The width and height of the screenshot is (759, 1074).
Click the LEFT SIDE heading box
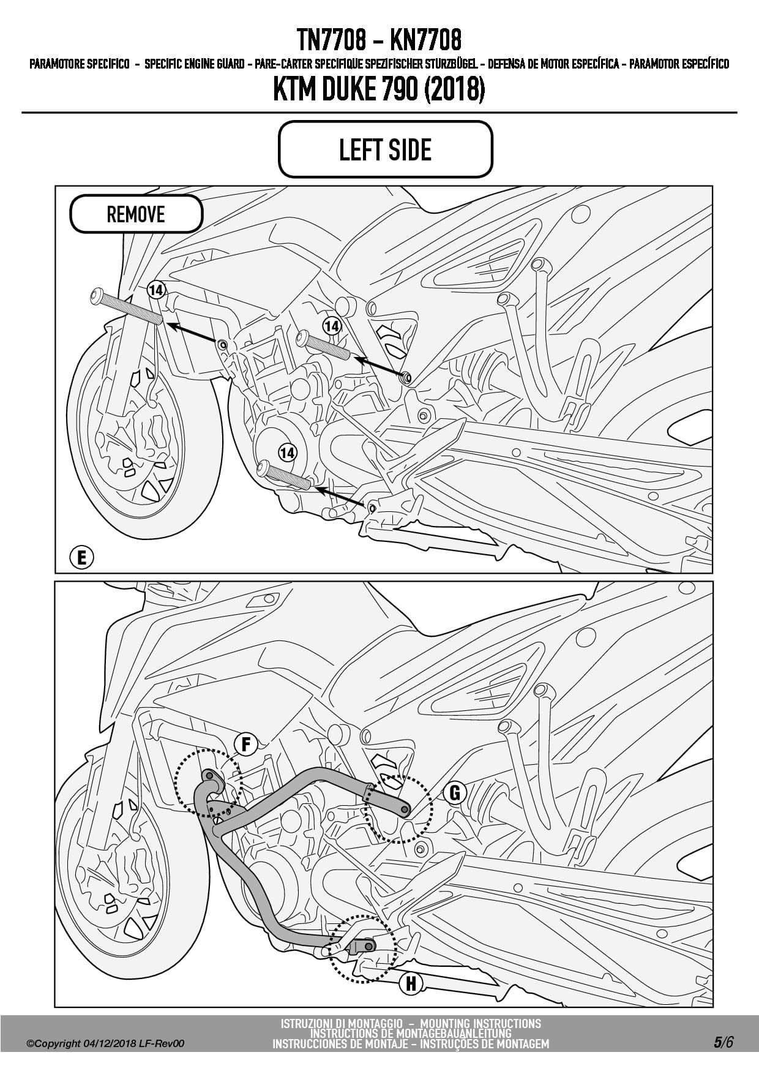pyautogui.click(x=385, y=149)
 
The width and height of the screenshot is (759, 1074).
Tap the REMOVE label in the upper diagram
pyautogui.click(x=136, y=214)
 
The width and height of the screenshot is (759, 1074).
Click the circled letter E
pyautogui.click(x=81, y=558)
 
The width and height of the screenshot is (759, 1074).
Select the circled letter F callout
pyautogui.click(x=245, y=744)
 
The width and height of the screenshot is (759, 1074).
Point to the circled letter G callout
pyautogui.click(x=454, y=793)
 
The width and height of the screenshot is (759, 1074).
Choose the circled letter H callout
pyautogui.click(x=411, y=984)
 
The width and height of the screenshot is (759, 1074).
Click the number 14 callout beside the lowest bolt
pyautogui.click(x=287, y=453)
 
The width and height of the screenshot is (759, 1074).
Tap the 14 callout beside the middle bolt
pyautogui.click(x=332, y=326)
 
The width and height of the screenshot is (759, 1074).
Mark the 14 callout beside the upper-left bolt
pyautogui.click(x=156, y=290)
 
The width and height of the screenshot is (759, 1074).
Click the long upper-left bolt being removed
pyautogui.click(x=126, y=306)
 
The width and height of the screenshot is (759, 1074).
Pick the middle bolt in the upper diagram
pyautogui.click(x=323, y=345)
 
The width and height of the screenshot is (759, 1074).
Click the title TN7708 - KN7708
pyautogui.click(x=379, y=40)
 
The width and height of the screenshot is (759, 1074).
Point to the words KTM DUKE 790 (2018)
pyautogui.click(x=379, y=90)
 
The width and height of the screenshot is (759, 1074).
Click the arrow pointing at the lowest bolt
pyautogui.click(x=343, y=497)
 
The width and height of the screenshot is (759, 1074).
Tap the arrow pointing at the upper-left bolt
pyautogui.click(x=192, y=332)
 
